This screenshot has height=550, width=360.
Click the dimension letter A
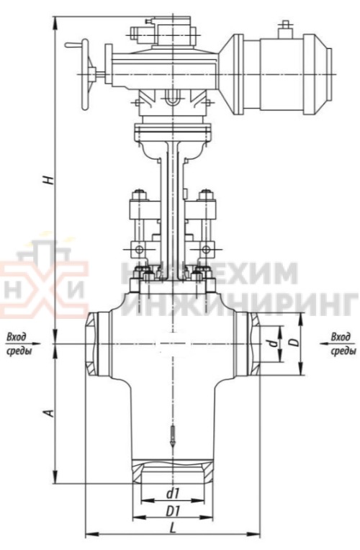(x=48, y=412)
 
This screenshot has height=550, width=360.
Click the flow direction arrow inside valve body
(x=172, y=439)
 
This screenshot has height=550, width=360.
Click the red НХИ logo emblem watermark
(x=43, y=284)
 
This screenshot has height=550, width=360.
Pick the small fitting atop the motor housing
(x=284, y=27)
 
